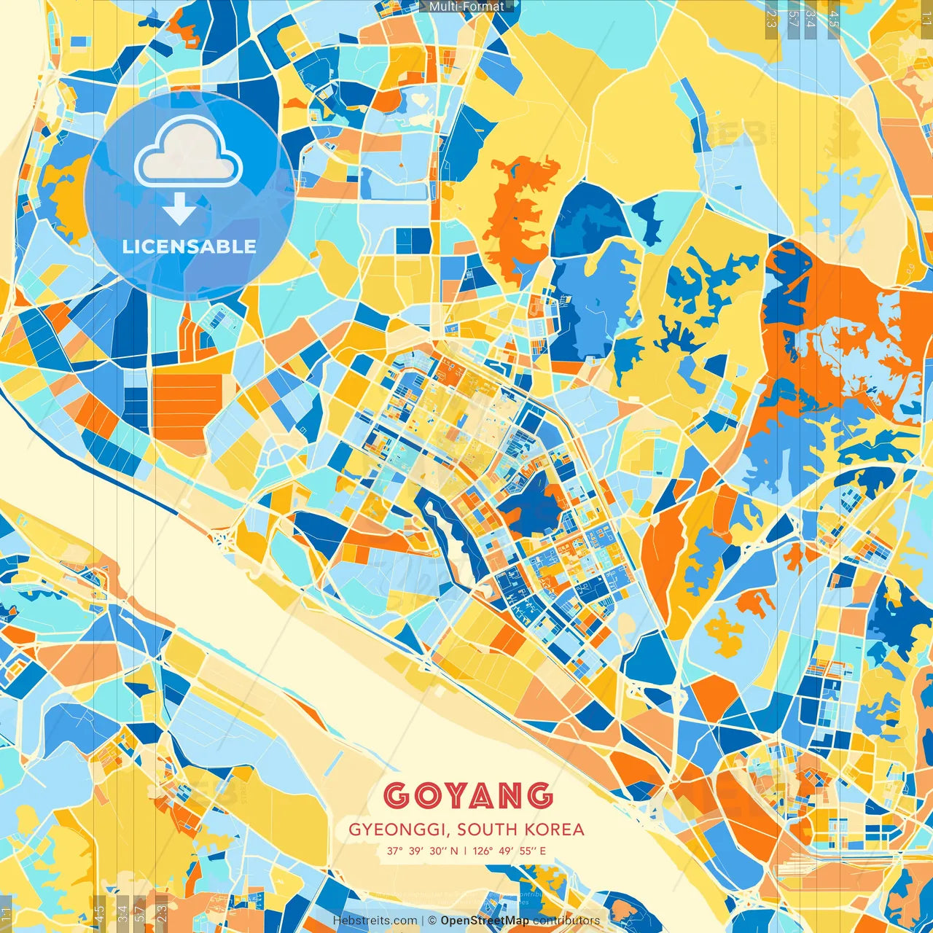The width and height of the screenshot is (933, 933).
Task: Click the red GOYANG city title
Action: (467, 795)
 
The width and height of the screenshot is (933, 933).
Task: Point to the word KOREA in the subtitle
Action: (557, 829)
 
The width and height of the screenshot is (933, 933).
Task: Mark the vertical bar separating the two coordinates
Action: (465, 851)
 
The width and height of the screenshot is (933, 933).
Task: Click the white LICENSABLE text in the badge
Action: (190, 246)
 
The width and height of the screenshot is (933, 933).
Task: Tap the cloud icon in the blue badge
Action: (188, 152)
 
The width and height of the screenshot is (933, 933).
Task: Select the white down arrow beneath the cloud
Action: (179, 208)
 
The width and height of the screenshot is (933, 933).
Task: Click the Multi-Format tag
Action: (466, 7)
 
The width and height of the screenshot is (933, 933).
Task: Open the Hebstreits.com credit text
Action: (375, 921)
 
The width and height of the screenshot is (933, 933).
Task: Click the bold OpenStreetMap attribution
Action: (485, 921)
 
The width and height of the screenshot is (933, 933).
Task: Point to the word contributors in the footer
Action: (566, 921)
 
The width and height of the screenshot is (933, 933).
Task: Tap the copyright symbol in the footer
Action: (432, 921)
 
